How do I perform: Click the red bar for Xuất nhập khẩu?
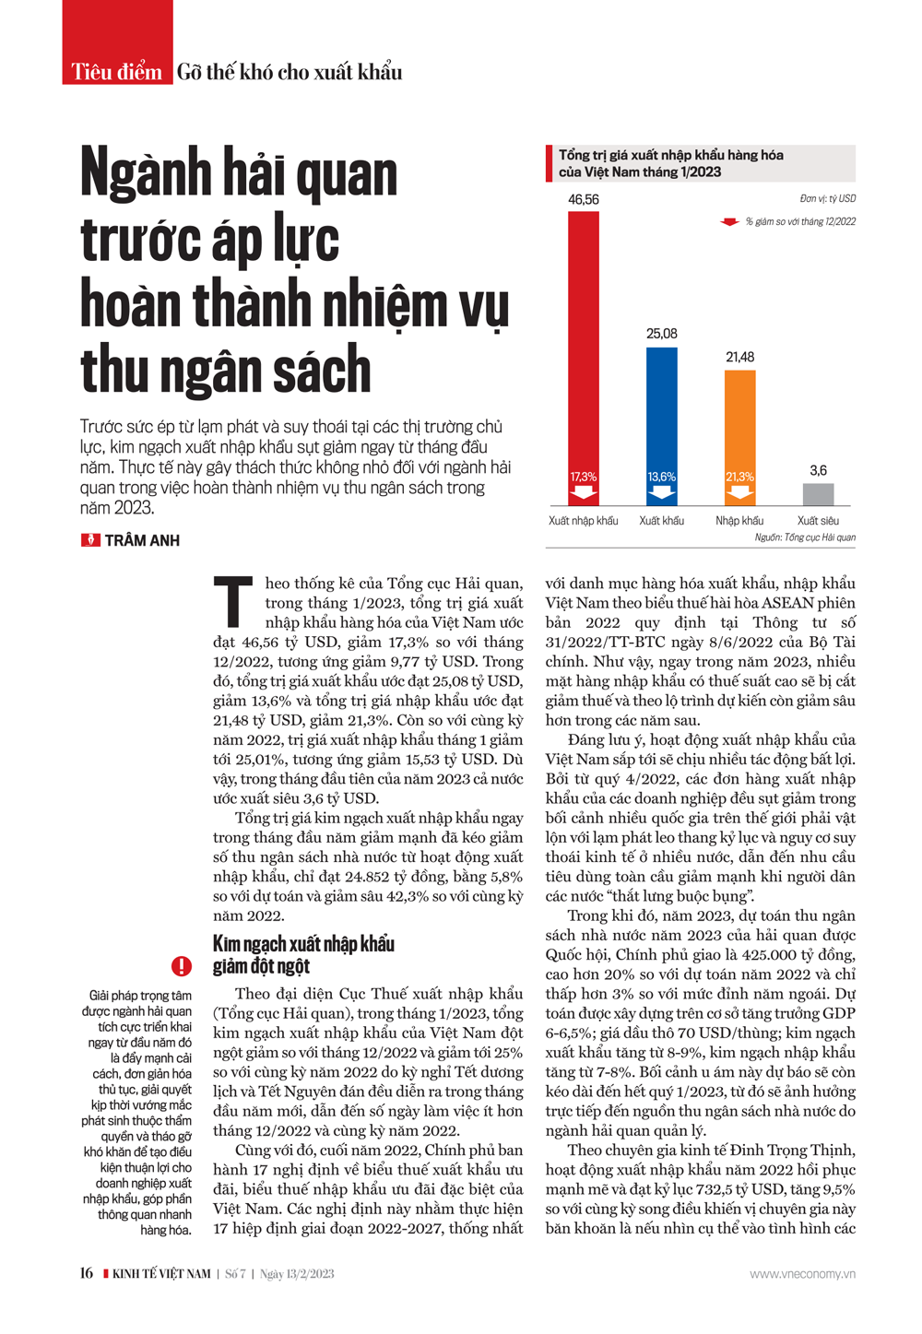pos(583,350)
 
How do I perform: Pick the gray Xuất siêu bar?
pos(818,494)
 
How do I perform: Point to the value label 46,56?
pos(583,199)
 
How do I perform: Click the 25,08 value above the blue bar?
pos(661,334)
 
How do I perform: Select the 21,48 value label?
pos(739,357)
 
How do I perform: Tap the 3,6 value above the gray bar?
pos(818,470)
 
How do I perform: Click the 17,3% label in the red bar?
pos(583,477)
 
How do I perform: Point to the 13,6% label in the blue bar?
pos(661,477)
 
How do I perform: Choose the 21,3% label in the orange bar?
pos(739,477)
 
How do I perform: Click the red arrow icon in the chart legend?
pos(729,222)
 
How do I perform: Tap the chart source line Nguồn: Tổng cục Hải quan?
pos(805,537)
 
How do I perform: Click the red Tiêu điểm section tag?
pos(117,72)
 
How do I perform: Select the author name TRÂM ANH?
pos(142,541)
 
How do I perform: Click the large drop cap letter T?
pos(233,602)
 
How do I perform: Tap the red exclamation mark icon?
pos(182,965)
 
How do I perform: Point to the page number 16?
pos(86,1273)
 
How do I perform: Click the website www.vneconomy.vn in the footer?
pos(802,1274)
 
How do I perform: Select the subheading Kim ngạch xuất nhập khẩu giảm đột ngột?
pos(303,954)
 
